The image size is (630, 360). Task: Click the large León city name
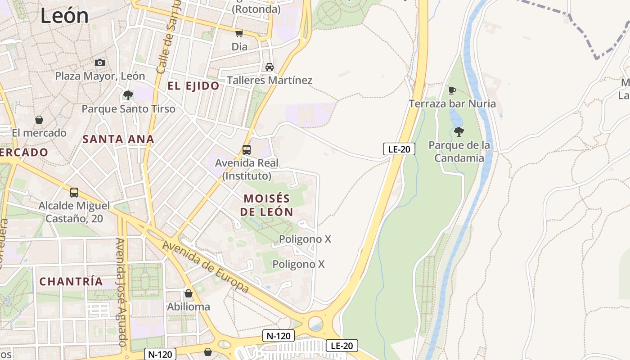click(x=64, y=15)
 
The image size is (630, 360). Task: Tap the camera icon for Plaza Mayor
click(x=100, y=63)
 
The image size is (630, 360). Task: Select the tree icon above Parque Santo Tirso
click(x=128, y=95)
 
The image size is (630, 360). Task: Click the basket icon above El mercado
click(x=39, y=120)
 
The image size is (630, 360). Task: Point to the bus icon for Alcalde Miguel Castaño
click(x=74, y=193)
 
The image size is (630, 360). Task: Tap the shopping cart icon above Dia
click(x=239, y=33)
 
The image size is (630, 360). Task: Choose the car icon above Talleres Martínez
click(x=269, y=67)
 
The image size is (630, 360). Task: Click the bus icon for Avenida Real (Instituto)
click(x=247, y=150)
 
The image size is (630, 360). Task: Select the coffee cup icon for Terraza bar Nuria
click(x=452, y=90)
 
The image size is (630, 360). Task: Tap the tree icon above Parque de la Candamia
click(x=459, y=132)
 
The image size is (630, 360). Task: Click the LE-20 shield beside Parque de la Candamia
click(x=399, y=149)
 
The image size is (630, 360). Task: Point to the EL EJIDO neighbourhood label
click(x=193, y=86)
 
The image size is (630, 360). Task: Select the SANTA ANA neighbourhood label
click(x=118, y=139)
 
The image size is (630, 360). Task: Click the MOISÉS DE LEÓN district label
click(x=266, y=205)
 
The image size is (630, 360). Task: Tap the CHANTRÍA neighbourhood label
click(x=71, y=282)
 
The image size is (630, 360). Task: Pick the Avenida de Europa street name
click(x=206, y=267)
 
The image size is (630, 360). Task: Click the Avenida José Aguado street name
click(x=122, y=292)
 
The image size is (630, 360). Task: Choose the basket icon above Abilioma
click(x=189, y=294)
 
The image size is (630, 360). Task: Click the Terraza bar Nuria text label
click(x=452, y=104)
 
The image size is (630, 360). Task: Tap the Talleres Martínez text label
click(x=269, y=81)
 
